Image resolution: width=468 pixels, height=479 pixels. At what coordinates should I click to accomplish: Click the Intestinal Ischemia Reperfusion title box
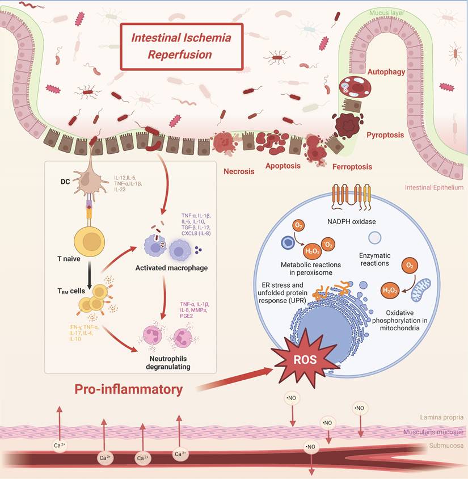pos(181,47)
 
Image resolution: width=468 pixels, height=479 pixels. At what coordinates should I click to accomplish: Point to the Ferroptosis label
pos(352,167)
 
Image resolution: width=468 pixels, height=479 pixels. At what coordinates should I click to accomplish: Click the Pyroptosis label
pos(385,135)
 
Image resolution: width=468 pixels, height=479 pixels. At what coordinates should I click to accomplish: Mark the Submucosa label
pos(446,446)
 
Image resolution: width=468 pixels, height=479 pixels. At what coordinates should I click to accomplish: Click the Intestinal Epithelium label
pos(434,187)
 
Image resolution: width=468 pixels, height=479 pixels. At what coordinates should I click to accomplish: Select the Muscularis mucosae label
pos(433,432)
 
